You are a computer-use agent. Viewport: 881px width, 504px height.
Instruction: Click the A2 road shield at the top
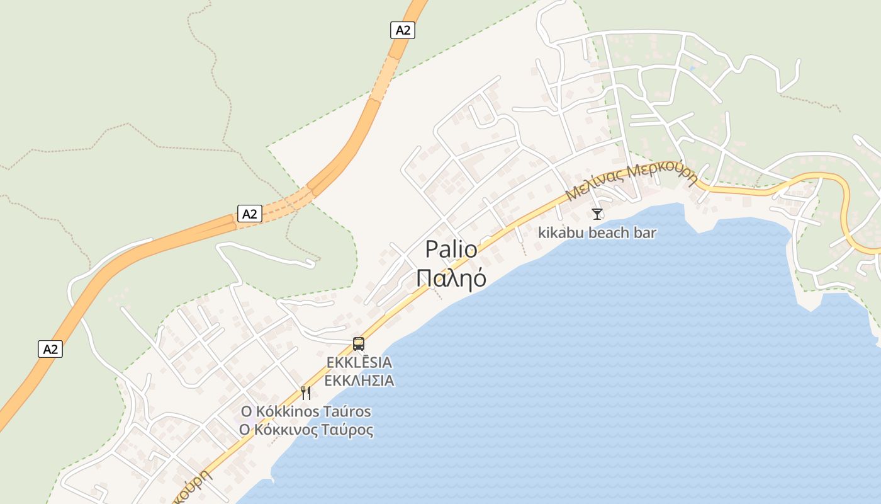pyautogui.click(x=403, y=30)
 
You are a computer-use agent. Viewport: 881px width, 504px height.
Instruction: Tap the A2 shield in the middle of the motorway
pyautogui.click(x=250, y=214)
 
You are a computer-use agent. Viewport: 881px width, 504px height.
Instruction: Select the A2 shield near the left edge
pyautogui.click(x=50, y=349)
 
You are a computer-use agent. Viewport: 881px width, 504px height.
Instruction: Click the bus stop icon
pyautogui.click(x=359, y=344)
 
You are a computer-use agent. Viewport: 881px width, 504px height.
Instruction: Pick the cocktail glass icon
pyautogui.click(x=597, y=214)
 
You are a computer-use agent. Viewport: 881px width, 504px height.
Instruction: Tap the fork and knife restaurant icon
pyautogui.click(x=306, y=393)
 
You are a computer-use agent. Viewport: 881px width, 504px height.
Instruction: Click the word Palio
pyautogui.click(x=451, y=249)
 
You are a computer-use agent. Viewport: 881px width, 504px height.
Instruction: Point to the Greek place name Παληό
pyautogui.click(x=451, y=277)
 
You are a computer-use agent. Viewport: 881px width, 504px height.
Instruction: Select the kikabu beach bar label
pyautogui.click(x=597, y=233)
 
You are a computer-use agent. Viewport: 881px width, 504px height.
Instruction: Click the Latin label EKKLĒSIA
pyautogui.click(x=359, y=363)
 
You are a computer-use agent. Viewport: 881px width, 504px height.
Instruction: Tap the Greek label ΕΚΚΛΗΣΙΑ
pyautogui.click(x=359, y=381)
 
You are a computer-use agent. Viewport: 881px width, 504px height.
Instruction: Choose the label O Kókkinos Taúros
pyautogui.click(x=306, y=412)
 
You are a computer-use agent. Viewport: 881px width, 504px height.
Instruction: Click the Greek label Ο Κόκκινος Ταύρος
pyautogui.click(x=306, y=430)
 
